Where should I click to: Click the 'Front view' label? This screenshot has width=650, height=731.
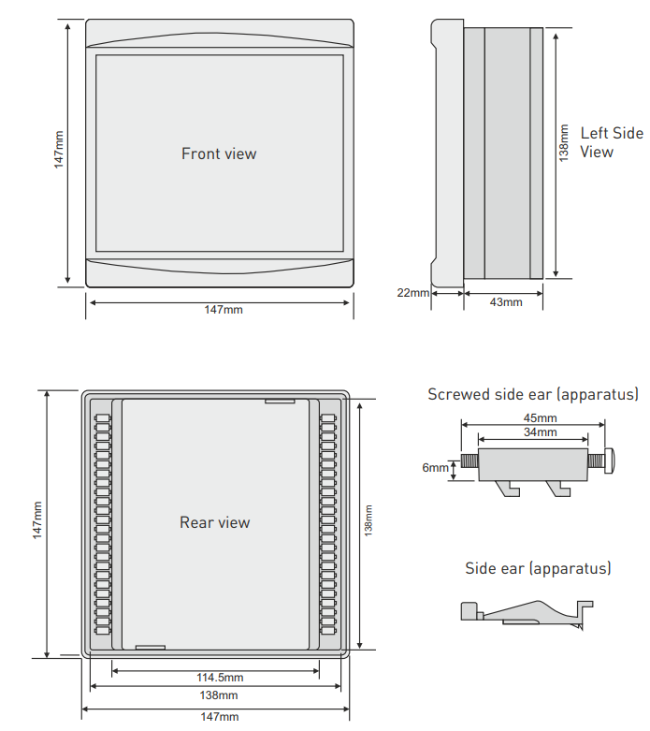[x=219, y=154]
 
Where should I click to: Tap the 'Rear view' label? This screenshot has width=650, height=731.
[x=215, y=522]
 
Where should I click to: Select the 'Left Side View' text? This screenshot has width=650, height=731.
[x=612, y=142]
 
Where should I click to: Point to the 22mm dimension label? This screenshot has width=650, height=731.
[x=412, y=293]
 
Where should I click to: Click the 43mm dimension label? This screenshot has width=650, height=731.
[x=506, y=301]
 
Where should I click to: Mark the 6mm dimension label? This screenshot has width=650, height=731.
[x=435, y=467]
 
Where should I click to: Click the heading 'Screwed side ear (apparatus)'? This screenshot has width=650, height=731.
[x=533, y=394]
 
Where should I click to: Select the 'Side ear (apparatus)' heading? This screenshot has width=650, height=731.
[x=538, y=568]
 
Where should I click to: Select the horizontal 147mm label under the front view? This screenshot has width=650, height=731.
[x=223, y=309]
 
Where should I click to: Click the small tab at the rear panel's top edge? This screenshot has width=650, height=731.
[x=279, y=402]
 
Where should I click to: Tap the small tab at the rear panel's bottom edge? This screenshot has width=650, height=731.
[x=150, y=646]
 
